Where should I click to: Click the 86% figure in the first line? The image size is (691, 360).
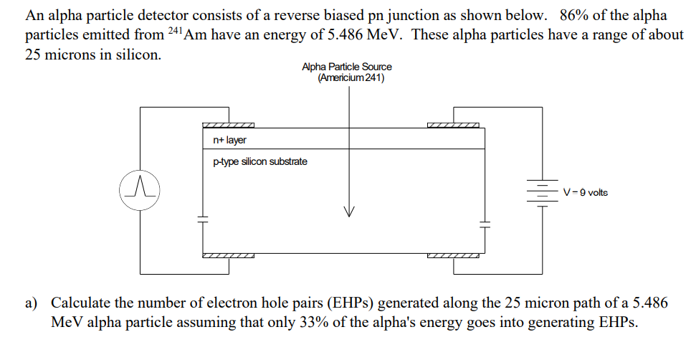click(573, 15)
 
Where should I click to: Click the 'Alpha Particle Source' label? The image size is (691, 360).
click(347, 67)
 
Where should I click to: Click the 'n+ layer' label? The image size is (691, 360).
click(229, 140)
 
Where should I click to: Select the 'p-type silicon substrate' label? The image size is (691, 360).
click(260, 161)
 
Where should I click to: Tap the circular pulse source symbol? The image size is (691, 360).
click(140, 189)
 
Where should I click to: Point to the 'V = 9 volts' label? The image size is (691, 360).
click(586, 192)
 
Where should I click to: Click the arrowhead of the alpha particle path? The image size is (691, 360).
click(349, 211)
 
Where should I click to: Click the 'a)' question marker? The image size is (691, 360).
click(33, 303)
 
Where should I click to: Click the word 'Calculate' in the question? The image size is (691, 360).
click(80, 303)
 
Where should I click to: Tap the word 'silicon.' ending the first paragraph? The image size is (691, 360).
click(136, 55)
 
